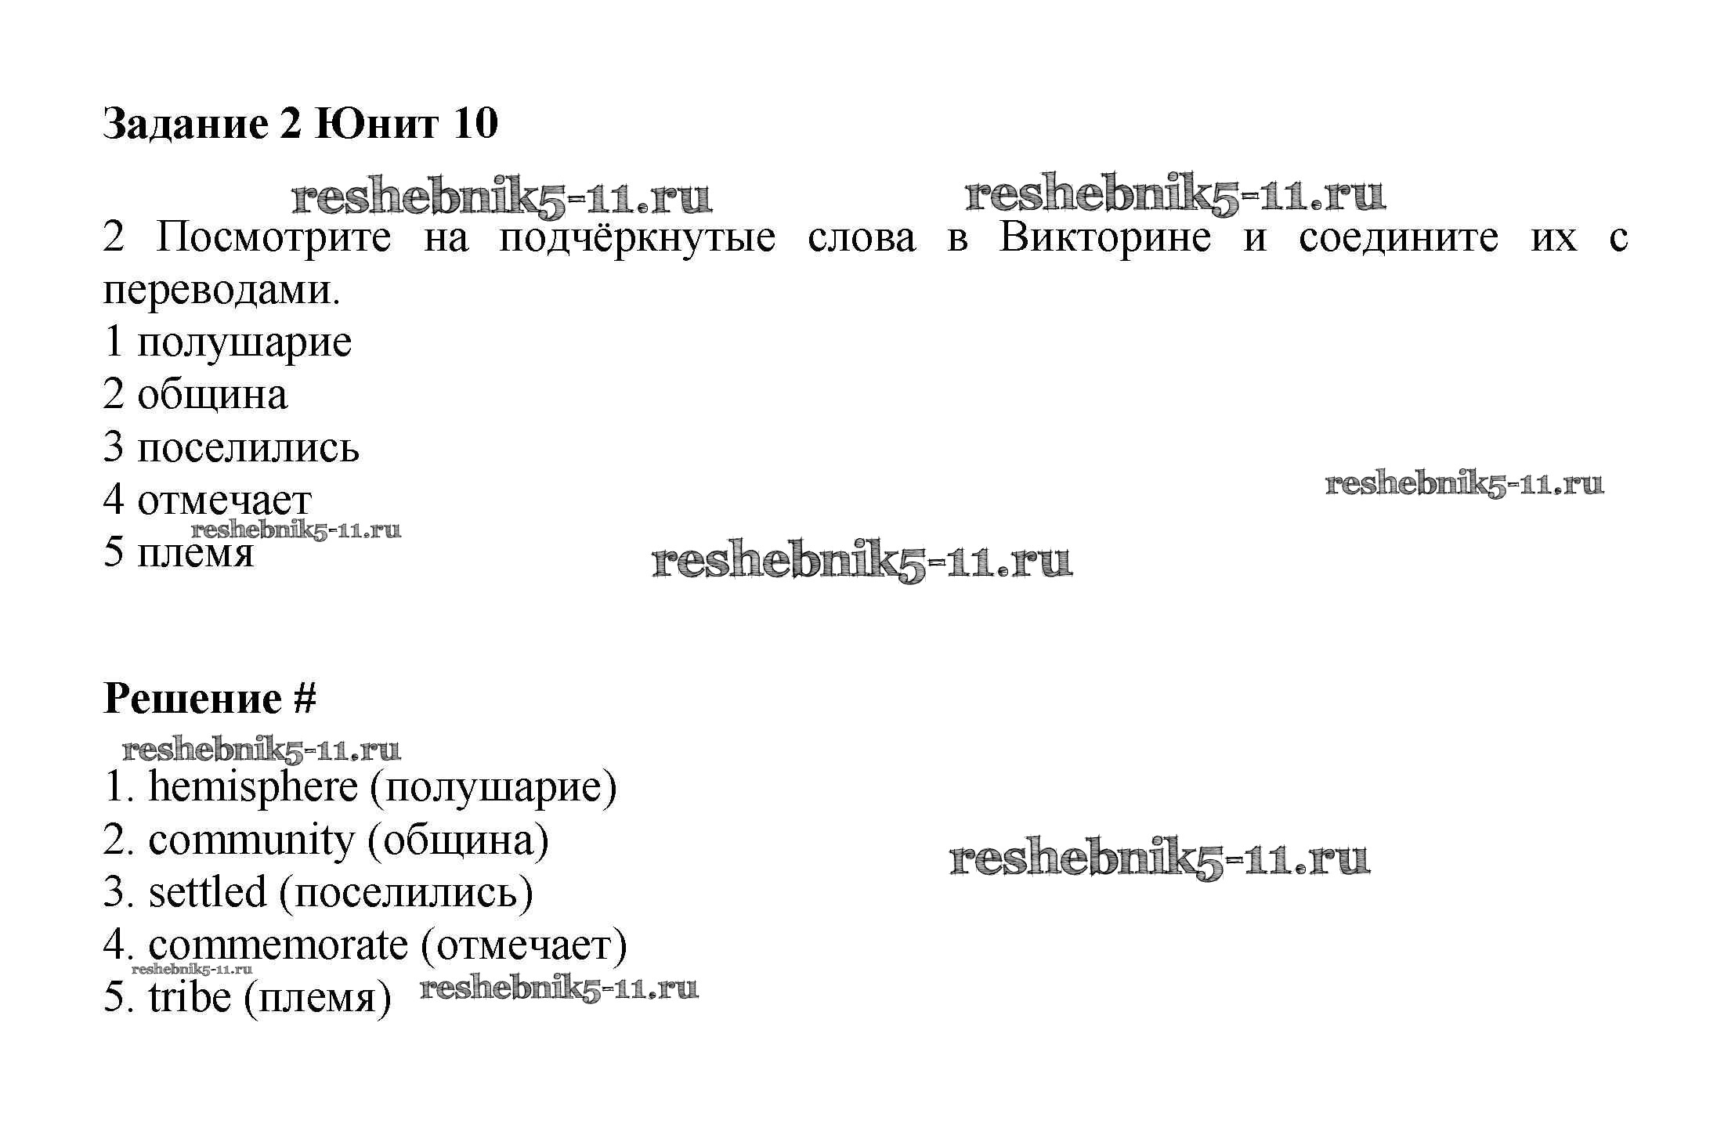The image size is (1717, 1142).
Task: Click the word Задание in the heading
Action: point(185,123)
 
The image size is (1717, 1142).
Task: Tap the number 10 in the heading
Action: point(475,123)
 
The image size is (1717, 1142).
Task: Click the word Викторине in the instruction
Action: point(1104,237)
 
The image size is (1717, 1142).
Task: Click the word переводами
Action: point(222,291)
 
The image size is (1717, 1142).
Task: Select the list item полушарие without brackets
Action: point(244,343)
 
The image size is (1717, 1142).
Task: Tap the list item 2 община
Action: point(195,395)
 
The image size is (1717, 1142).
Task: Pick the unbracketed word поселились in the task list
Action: point(248,447)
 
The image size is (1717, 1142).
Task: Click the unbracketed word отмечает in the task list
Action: point(225,501)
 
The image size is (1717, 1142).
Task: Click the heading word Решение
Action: point(193,698)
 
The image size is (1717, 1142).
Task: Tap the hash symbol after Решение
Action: point(305,698)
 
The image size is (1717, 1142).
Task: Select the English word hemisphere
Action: point(253,787)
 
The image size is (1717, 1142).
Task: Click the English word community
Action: point(251,841)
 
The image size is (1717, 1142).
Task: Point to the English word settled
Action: point(208,892)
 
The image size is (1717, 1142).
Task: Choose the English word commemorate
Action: point(278,945)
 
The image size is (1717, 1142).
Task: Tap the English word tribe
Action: point(190,997)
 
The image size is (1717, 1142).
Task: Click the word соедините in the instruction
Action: point(1398,238)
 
